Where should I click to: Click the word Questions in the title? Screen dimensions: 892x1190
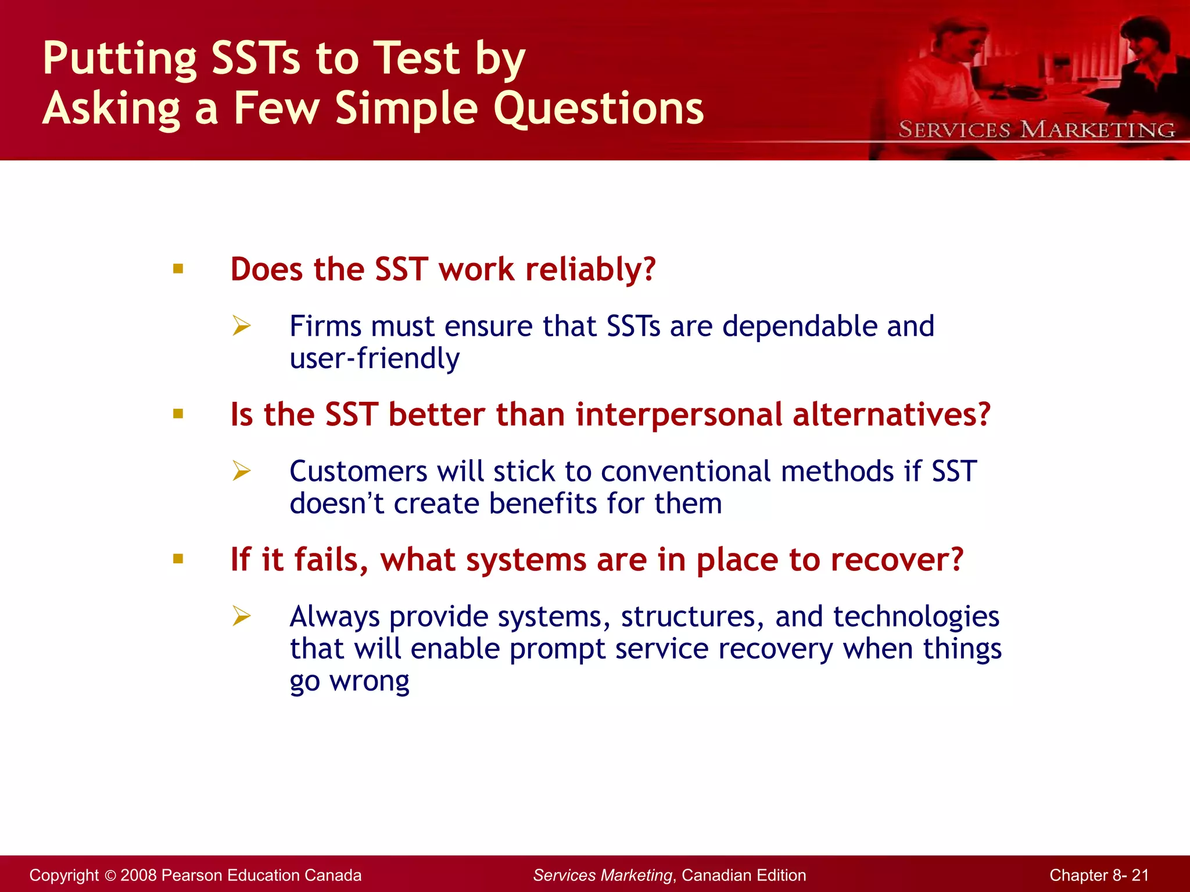pyautogui.click(x=598, y=109)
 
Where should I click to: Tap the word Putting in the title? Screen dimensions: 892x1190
pyautogui.click(x=120, y=59)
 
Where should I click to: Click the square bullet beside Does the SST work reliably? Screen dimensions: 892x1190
pyautogui.click(x=178, y=269)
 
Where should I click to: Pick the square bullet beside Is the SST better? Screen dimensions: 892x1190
pyautogui.click(x=178, y=414)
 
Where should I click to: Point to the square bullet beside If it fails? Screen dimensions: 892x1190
pyautogui.click(x=178, y=559)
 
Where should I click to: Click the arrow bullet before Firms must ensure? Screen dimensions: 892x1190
pyautogui.click(x=241, y=325)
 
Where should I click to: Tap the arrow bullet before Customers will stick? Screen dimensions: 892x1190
pyautogui.click(x=241, y=470)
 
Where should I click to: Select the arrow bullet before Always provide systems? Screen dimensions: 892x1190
pyautogui.click(x=241, y=616)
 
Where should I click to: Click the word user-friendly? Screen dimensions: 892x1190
pyautogui.click(x=375, y=359)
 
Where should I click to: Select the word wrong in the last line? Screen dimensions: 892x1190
pyautogui.click(x=370, y=682)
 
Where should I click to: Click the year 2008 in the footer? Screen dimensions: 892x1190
pyautogui.click(x=138, y=875)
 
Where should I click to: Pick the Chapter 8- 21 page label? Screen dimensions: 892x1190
pyautogui.click(x=1099, y=875)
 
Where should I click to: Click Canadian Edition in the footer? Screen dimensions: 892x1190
pyautogui.click(x=744, y=875)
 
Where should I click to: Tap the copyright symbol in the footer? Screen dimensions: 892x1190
pyautogui.click(x=110, y=876)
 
